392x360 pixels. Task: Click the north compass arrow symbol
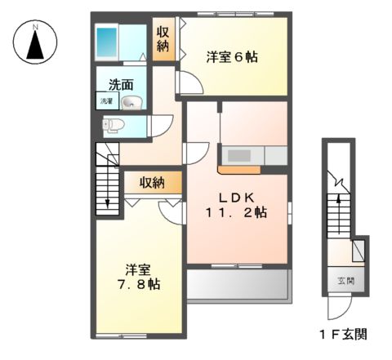pos(35,47)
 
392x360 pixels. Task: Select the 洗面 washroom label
pos(122,83)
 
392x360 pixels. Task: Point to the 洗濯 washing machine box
pos(106,101)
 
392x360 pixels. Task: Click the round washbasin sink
pos(133,102)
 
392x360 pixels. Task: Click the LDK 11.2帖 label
pos(237,204)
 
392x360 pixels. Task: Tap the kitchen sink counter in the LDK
pos(253,155)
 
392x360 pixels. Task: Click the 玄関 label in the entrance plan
pos(346,282)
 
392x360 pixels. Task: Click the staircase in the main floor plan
pos(107,184)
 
